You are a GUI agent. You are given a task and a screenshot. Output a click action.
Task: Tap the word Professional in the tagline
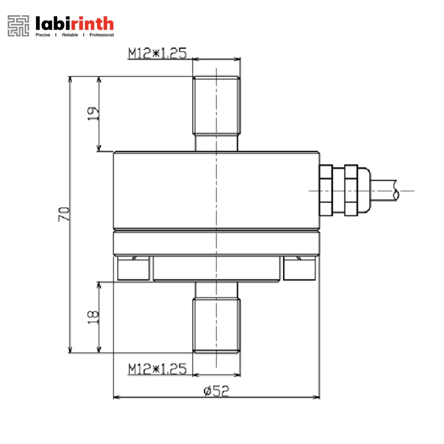101,35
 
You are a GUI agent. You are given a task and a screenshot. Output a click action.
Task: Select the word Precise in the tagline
43,35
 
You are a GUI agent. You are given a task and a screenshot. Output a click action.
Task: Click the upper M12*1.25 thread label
158,53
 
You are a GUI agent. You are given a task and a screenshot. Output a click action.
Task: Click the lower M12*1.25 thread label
158,369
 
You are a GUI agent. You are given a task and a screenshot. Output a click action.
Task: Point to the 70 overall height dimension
64,214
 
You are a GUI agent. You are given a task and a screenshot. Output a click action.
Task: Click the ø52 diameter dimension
216,391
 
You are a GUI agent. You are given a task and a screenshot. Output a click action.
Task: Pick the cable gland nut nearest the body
326,190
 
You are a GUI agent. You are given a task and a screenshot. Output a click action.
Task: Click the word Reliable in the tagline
70,35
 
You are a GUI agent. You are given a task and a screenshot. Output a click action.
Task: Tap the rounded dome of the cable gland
363,190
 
